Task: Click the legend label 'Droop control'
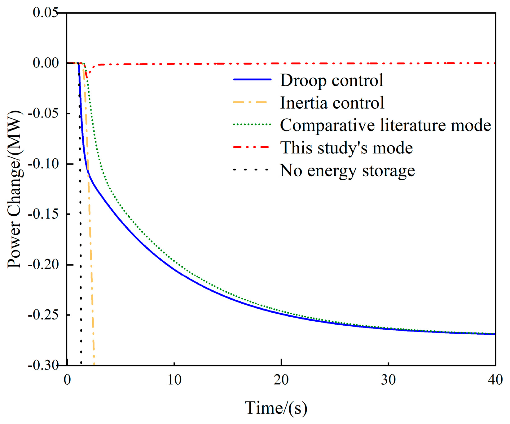pos(332,80)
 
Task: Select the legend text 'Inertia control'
pos(332,103)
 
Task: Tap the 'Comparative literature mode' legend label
pos(385,125)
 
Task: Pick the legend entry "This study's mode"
pos(346,148)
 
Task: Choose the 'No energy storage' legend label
pos(347,170)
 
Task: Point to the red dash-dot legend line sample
pos(252,147)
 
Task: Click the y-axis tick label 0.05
pos(46,13)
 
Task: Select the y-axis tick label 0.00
pos(46,63)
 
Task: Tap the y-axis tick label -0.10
pos(43,164)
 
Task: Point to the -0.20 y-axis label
pos(43,265)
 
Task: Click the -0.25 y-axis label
pos(43,315)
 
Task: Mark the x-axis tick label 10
pos(174,380)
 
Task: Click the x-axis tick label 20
pos(281,380)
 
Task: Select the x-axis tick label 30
pos(389,380)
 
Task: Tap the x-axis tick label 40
pos(495,380)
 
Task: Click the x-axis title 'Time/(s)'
pos(276,408)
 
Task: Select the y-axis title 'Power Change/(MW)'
pos(15,189)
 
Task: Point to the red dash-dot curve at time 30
pos(389,63)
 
